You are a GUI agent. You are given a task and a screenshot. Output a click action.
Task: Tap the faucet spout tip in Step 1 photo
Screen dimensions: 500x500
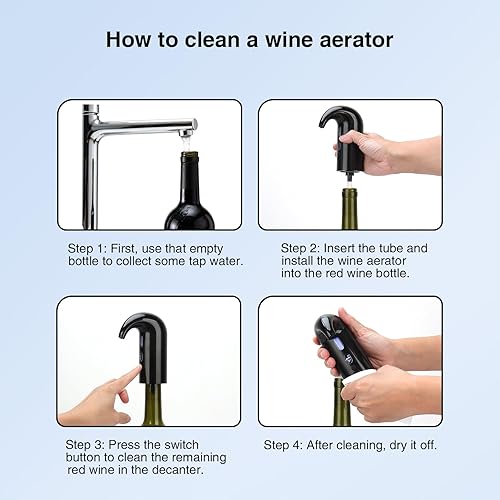tap(187, 127)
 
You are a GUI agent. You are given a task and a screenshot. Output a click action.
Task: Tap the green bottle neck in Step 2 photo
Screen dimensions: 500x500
tap(350, 210)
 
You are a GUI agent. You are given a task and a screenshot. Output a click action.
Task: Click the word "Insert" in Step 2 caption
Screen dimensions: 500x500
tap(355, 247)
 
